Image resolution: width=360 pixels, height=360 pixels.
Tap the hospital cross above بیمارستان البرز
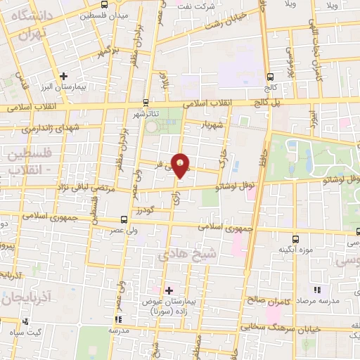(64, 76)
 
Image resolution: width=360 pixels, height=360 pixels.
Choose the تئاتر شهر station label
(146, 112)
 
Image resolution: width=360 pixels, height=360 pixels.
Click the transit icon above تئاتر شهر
(146, 102)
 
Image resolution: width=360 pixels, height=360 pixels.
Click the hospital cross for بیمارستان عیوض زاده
(169, 290)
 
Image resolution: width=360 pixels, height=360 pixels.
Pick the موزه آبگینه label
(295, 250)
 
